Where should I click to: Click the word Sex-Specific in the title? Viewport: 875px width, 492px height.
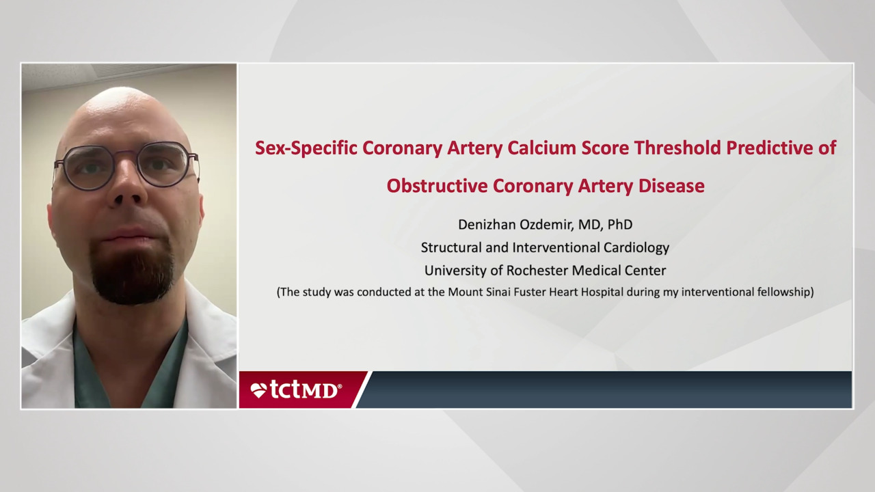pyautogui.click(x=306, y=148)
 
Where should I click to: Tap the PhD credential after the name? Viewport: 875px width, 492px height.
pyautogui.click(x=619, y=224)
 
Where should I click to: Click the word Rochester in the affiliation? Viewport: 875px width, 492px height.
pyautogui.click(x=519, y=271)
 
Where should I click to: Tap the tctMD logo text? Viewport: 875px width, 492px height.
pyautogui.click(x=305, y=389)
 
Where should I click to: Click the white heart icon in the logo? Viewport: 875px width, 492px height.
pyautogui.click(x=258, y=390)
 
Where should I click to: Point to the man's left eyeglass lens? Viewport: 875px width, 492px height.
pyautogui.click(x=164, y=164)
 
